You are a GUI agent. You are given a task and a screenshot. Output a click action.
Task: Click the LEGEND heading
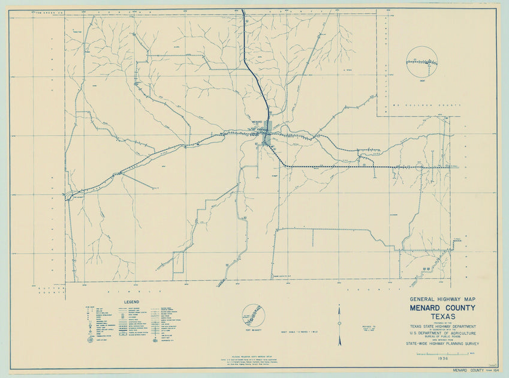tap(131, 301)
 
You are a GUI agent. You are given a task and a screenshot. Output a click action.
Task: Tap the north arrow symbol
tap(339, 325)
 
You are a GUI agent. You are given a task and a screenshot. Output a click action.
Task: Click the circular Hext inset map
tap(421, 61)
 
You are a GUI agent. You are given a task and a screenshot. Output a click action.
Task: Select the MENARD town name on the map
tap(257, 121)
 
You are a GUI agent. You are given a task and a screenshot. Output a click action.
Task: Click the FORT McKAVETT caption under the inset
tap(252, 329)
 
